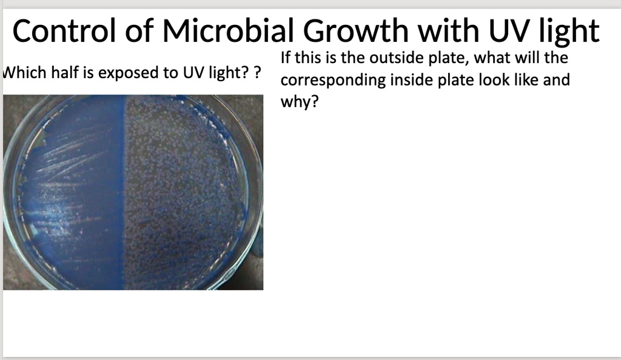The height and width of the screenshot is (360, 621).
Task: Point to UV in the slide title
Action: (525, 32)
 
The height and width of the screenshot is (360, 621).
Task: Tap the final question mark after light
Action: (258, 73)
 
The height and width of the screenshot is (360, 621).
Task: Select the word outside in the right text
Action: (392, 59)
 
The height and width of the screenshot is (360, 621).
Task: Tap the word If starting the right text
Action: (287, 59)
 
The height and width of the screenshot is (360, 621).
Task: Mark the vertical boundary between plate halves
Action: (125, 194)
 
